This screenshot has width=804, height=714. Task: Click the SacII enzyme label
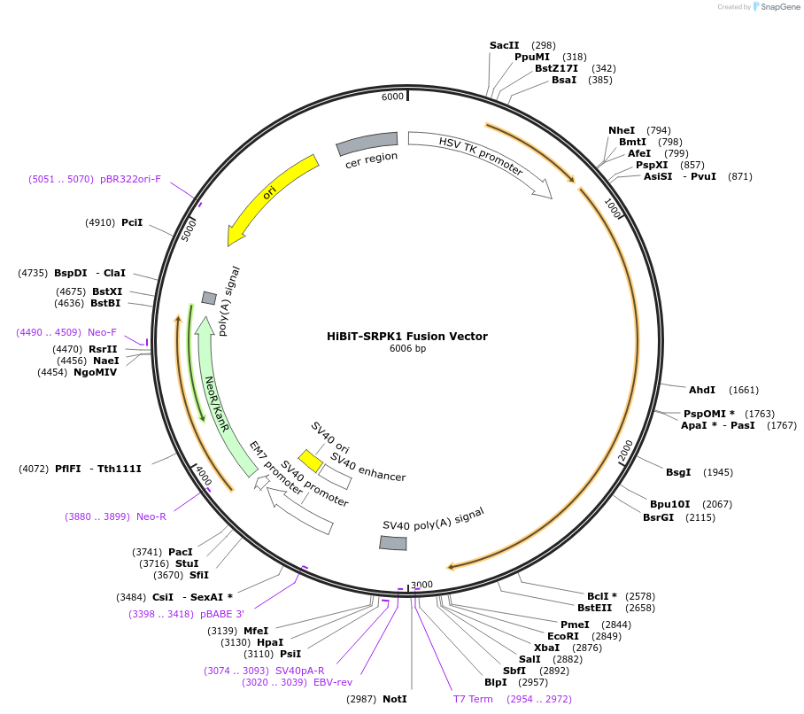tap(504, 45)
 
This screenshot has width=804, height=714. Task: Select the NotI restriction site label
tap(395, 699)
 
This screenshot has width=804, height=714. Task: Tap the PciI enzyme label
tap(132, 222)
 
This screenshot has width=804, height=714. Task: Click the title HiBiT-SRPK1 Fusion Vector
tap(407, 336)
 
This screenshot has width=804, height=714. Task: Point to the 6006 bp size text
tap(407, 349)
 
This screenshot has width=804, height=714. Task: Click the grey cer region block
tap(367, 142)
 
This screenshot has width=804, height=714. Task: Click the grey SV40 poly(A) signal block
tap(393, 542)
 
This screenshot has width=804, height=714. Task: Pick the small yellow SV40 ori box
tap(310, 461)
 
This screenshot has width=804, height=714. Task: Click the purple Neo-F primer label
tap(102, 332)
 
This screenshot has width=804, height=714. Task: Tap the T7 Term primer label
tap(473, 699)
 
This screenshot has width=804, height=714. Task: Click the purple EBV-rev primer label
tap(332, 682)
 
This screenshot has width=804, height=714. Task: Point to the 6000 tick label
tap(392, 96)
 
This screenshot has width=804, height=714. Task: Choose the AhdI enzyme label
tap(701, 390)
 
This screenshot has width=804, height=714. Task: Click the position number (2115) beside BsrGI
tap(700, 517)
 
